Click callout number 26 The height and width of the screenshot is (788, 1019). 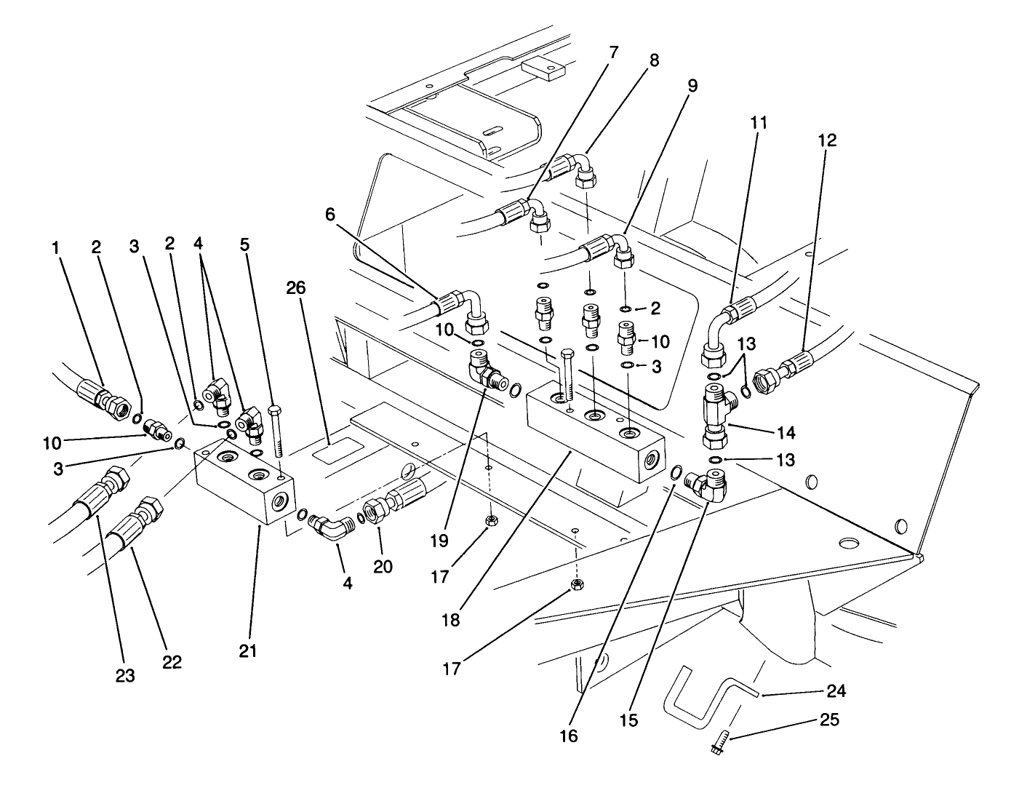click(295, 288)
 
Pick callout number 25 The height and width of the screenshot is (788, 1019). click(828, 720)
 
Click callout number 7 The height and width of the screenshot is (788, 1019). click(613, 52)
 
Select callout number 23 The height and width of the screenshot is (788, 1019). click(125, 676)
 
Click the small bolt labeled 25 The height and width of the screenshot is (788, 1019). click(716, 744)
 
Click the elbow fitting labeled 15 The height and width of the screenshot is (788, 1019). click(707, 485)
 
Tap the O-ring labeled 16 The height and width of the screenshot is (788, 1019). click(676, 473)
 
